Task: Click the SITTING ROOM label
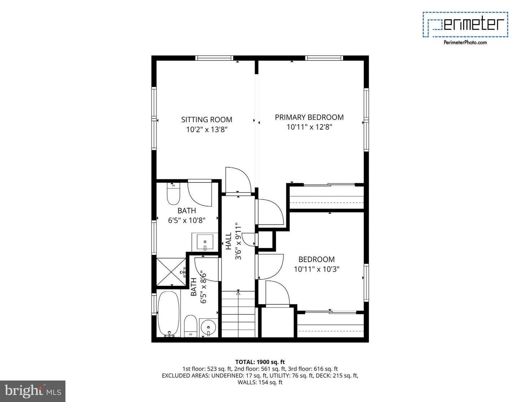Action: pos(207,120)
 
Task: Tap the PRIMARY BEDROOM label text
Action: pos(309,117)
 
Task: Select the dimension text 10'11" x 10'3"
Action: pos(316,269)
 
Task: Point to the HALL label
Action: pos(229,241)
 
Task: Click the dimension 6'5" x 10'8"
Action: pos(187,220)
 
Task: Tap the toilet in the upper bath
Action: pos(173,194)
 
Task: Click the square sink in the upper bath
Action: pos(205,242)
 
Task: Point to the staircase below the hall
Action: pos(238,314)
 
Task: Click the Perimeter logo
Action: pos(465,24)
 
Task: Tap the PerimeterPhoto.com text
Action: pos(465,42)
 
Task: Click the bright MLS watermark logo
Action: pos(32,391)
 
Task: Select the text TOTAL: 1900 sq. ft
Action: pos(260,362)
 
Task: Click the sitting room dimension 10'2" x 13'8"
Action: pos(207,130)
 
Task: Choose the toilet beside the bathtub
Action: pos(190,326)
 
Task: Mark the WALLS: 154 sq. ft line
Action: pos(260,382)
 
